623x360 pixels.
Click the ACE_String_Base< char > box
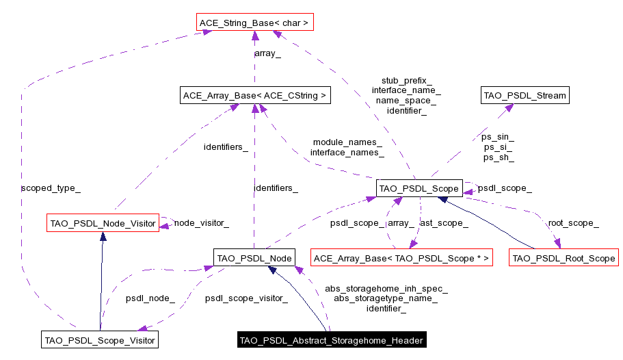[254, 23]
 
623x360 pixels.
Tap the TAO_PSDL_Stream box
[525, 95]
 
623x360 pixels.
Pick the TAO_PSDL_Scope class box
[418, 188]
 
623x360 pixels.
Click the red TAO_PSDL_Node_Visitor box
[103, 222]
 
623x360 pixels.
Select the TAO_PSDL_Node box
[254, 258]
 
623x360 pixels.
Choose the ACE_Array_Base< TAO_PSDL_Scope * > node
[401, 258]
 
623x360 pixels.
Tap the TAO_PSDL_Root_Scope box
[564, 258]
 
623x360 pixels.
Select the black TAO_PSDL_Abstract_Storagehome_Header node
[332, 339]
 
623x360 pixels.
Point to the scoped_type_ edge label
[51, 188]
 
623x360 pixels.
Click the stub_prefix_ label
[406, 80]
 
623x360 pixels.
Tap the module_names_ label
[347, 142]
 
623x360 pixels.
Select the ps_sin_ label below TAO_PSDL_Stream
[498, 137]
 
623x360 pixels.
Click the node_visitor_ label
[201, 222]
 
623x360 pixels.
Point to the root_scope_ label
[573, 222]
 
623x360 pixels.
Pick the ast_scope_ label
[443, 222]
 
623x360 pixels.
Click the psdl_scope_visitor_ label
[246, 298]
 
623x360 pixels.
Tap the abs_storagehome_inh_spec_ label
[386, 289]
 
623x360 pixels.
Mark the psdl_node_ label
[150, 298]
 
